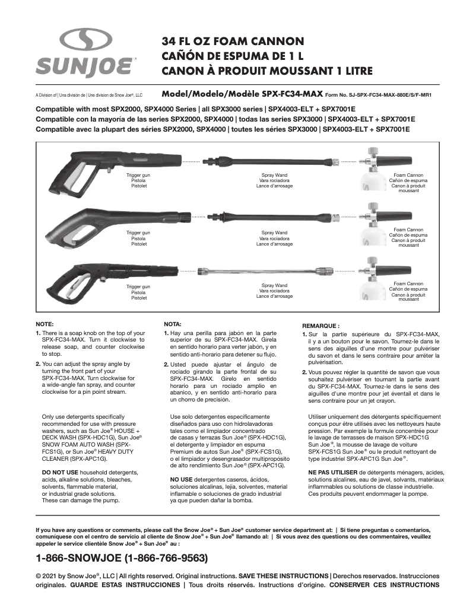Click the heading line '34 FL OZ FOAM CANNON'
[233, 42]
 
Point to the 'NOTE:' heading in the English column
[45, 325]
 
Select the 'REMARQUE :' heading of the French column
[320, 326]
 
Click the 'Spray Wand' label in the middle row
[274, 232]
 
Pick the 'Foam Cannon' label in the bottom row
[408, 284]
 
